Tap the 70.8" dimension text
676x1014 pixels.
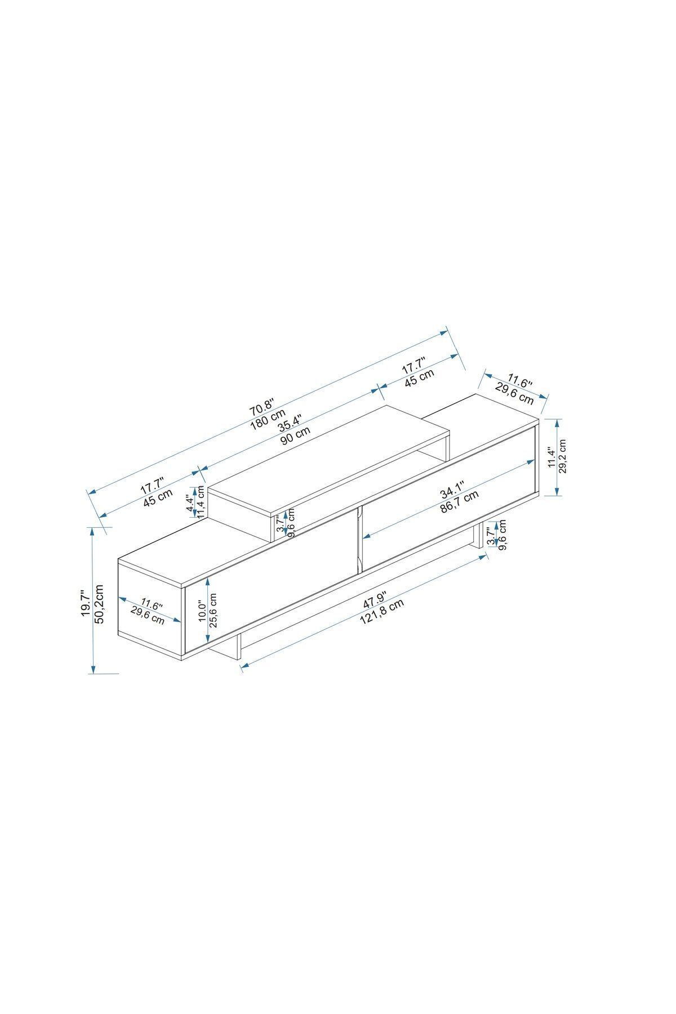coord(262,404)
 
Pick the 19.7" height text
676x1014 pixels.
coord(85,603)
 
